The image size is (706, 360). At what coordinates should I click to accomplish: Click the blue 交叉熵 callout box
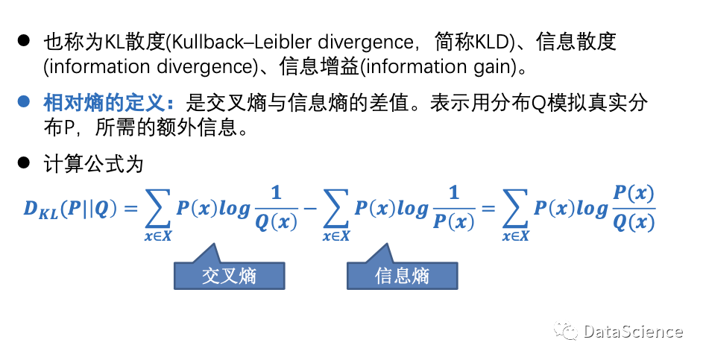[x=229, y=275]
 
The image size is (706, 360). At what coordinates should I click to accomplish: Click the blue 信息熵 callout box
[x=402, y=275]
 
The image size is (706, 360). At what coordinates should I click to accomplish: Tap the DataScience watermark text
[x=633, y=332]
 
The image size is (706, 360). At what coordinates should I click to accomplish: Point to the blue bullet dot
[x=24, y=102]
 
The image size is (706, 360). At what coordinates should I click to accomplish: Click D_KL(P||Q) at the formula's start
[x=69, y=210]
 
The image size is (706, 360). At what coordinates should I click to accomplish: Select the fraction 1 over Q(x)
[x=276, y=209]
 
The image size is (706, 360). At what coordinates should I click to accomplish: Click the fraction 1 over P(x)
[x=454, y=209]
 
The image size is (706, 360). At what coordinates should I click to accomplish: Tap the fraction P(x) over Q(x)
[x=633, y=209]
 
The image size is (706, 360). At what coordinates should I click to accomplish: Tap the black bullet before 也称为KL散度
[x=24, y=42]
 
